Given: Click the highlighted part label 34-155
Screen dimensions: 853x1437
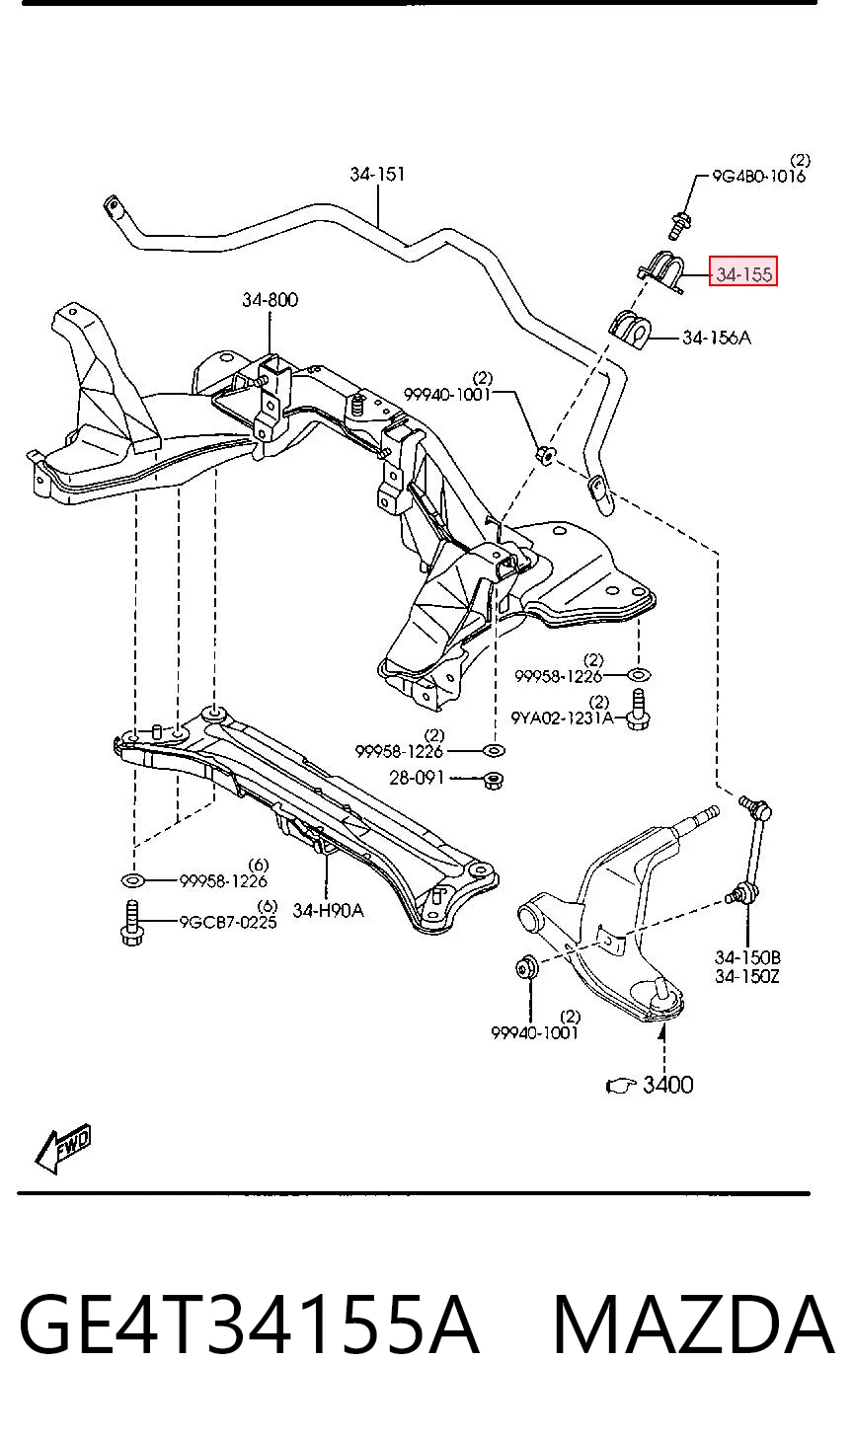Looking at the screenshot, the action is click(x=743, y=274).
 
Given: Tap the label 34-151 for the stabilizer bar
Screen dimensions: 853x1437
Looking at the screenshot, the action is click(x=377, y=174).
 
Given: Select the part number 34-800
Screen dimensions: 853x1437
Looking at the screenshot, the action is click(x=270, y=300).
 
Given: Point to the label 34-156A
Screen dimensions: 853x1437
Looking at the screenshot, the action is click(x=717, y=338).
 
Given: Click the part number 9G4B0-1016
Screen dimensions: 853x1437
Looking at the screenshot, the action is click(x=758, y=176).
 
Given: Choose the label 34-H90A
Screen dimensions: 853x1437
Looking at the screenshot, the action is click(x=328, y=910).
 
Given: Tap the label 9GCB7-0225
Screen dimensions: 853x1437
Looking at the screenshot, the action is click(x=228, y=922).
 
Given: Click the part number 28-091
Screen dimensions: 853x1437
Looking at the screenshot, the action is click(x=417, y=778).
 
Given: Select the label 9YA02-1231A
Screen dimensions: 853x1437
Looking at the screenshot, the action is click(x=562, y=718).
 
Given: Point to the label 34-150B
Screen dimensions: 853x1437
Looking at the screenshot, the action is click(x=747, y=957).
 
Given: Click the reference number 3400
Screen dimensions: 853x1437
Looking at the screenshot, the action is click(x=667, y=1085).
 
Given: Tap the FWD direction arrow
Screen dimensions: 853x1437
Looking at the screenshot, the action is click(x=63, y=1149).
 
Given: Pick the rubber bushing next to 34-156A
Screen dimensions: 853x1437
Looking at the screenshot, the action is click(x=629, y=330).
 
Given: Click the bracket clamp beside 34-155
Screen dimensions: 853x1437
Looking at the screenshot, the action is click(x=661, y=272).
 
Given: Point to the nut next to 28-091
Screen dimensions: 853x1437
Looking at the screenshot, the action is click(x=493, y=780).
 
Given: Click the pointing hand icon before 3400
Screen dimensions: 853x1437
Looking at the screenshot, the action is click(x=621, y=1086).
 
